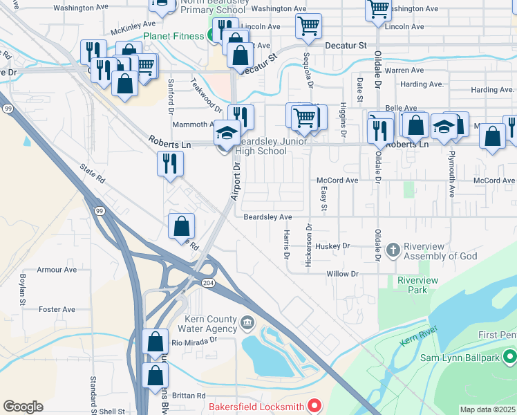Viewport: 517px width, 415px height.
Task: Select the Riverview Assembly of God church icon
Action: [393, 250]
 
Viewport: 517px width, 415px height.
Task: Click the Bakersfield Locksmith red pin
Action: [314, 405]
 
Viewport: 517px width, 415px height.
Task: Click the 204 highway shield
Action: [208, 283]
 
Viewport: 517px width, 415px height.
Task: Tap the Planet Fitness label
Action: [173, 36]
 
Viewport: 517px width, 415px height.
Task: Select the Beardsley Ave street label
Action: [268, 216]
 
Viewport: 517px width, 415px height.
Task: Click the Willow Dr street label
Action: [344, 274]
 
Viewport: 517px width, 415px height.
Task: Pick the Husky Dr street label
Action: [332, 246]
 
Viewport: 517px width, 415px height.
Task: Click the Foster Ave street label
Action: [57, 309]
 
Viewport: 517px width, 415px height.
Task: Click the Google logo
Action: [23, 407]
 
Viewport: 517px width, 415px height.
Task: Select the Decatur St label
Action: [345, 45]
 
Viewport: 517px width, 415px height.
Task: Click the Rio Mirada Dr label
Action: [194, 340]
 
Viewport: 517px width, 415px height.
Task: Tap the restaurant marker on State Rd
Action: [170, 163]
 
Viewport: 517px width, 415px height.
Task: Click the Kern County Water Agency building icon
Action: [247, 322]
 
